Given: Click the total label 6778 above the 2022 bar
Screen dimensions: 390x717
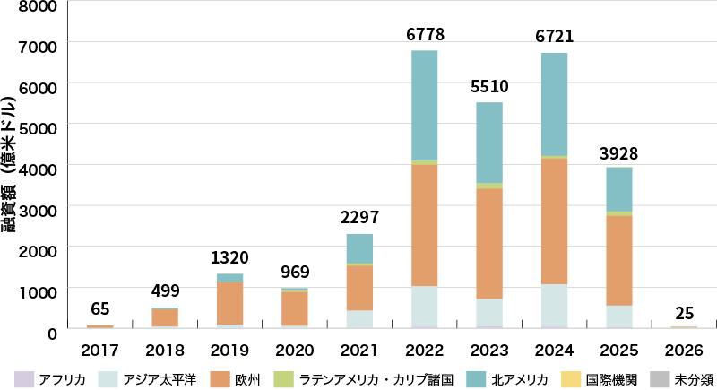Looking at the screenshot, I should [425, 35].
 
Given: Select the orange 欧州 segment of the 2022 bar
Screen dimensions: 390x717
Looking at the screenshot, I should [425, 225].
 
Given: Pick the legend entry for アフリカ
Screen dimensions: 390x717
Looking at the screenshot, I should [54, 379].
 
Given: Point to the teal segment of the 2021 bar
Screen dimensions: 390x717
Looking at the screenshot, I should [359, 248].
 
